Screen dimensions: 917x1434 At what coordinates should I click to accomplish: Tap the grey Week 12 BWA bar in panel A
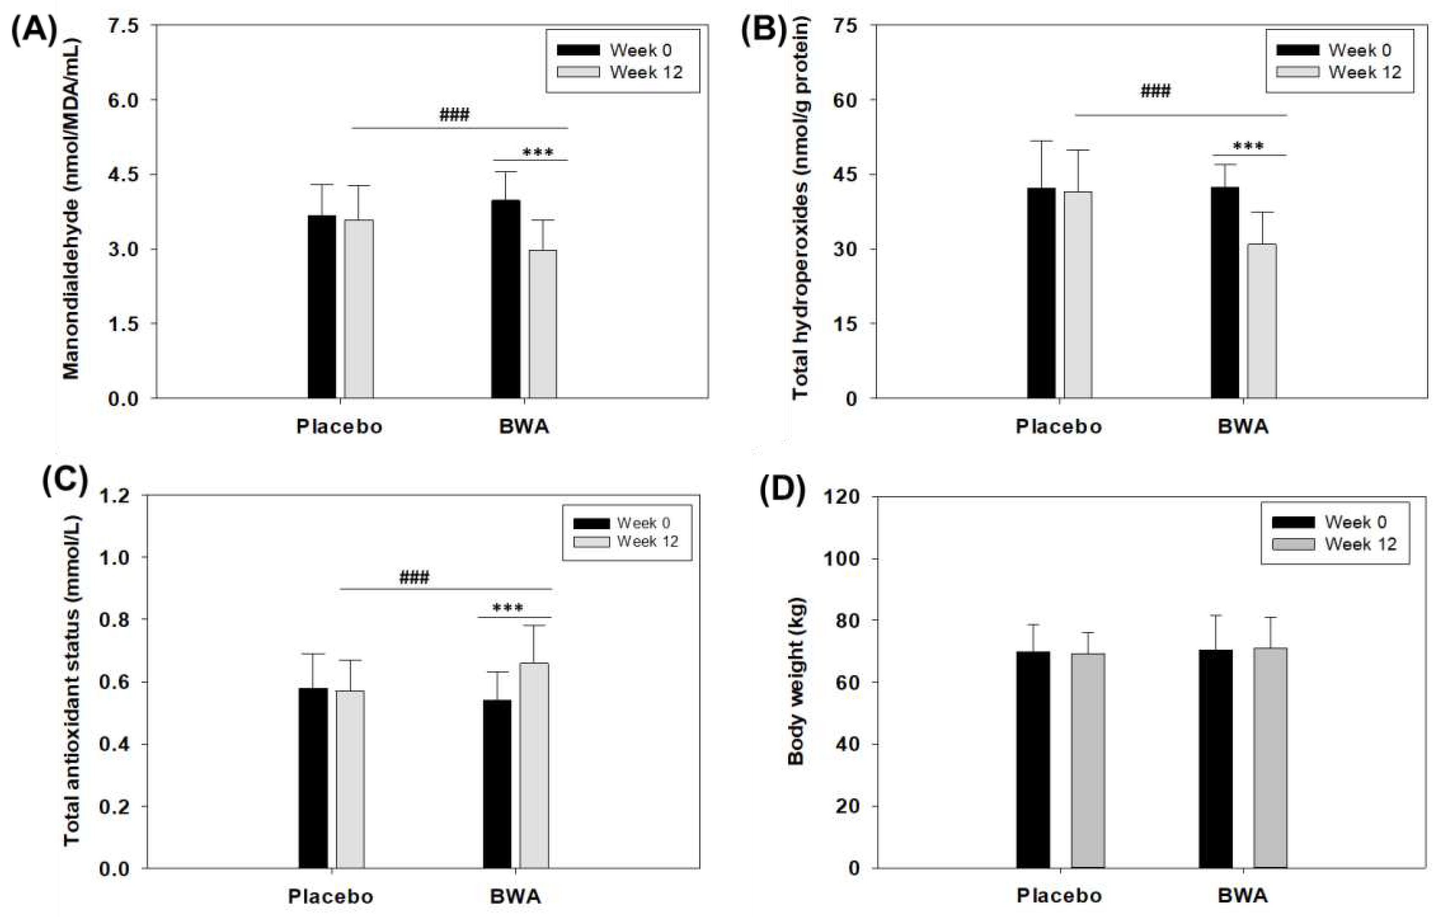pyautogui.click(x=543, y=325)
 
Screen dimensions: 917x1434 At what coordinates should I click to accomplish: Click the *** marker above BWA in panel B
pyautogui.click(x=1248, y=146)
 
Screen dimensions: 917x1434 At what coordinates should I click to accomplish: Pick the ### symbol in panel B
pyautogui.click(x=1155, y=91)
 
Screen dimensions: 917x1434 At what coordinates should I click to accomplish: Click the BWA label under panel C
pyautogui.click(x=515, y=897)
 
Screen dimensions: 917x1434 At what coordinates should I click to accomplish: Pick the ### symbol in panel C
pyautogui.click(x=414, y=577)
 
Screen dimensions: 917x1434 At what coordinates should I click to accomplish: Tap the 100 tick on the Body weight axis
pyautogui.click(x=840, y=559)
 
